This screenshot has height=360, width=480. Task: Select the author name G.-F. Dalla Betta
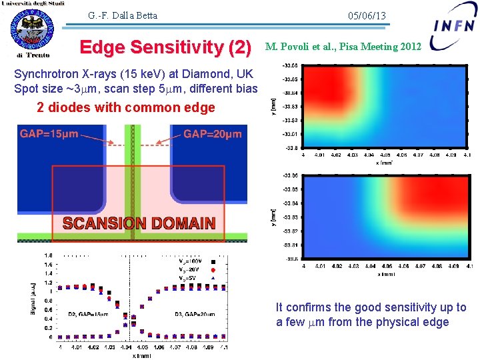122,15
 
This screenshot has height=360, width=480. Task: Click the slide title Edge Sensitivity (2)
165,47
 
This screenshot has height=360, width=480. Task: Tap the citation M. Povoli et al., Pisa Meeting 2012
343,47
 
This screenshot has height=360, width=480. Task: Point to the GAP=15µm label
49,134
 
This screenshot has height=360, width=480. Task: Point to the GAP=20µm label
212,134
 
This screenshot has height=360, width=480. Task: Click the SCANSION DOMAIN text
139,223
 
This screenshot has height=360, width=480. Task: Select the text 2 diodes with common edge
126,107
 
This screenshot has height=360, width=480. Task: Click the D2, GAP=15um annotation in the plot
89,313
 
